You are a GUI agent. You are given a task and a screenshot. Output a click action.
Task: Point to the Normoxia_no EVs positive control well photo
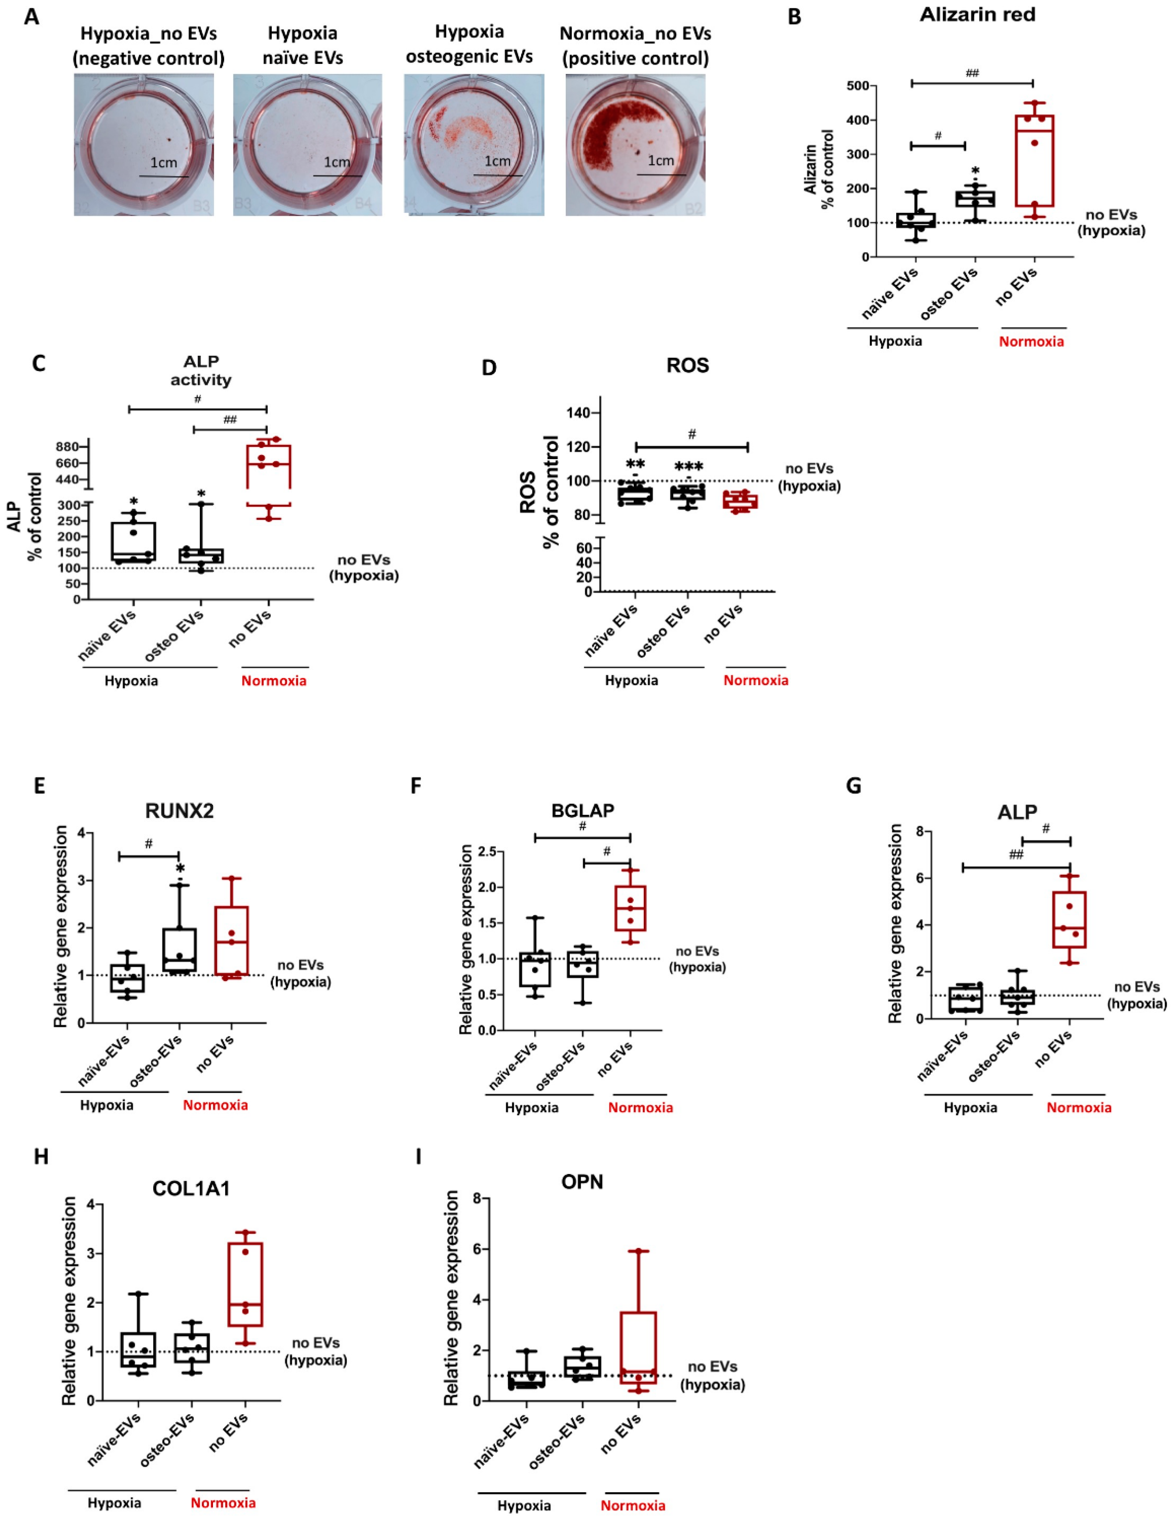[635, 145]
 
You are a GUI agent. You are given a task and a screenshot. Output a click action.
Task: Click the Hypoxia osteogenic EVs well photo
[474, 145]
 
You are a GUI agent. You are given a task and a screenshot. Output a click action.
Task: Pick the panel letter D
[489, 367]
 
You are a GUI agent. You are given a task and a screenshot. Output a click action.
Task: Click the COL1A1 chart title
[191, 1189]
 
